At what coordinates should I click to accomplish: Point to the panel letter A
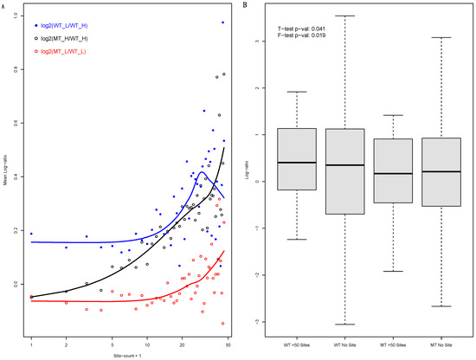coord(6,6)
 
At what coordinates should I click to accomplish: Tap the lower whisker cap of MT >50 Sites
coord(393,271)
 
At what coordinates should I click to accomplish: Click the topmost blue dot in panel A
coord(222,22)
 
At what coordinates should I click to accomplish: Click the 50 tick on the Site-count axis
coord(228,345)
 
